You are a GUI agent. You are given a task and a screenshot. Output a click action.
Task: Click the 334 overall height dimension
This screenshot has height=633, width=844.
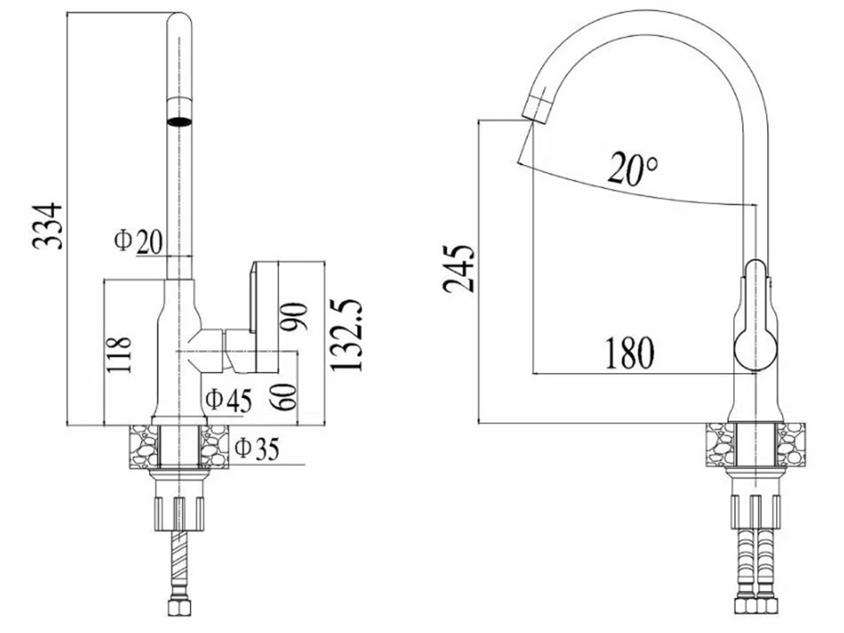[47, 226]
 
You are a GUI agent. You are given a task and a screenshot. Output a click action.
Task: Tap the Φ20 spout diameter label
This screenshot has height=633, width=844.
[138, 241]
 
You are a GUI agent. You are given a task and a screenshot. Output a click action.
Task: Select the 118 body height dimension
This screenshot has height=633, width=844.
[119, 354]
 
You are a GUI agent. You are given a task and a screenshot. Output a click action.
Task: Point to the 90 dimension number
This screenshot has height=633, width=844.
[294, 316]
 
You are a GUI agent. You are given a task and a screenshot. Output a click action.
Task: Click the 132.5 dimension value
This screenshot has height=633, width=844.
[347, 335]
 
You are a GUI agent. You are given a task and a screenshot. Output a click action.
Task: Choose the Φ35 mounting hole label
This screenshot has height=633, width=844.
[258, 448]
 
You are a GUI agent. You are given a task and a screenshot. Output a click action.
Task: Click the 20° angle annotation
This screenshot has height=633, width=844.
[633, 169]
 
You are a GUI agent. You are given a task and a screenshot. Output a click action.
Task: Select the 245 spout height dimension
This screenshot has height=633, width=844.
[459, 269]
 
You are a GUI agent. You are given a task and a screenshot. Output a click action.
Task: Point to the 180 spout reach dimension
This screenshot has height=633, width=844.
[630, 353]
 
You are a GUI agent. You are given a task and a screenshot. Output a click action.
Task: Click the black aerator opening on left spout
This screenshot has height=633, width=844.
[180, 121]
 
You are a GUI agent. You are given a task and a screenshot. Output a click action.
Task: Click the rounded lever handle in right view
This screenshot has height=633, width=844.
[756, 316]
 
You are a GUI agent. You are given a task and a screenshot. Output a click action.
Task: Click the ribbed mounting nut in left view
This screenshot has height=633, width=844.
[180, 514]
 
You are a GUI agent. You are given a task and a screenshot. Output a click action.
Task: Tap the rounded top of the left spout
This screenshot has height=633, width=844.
[180, 21]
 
